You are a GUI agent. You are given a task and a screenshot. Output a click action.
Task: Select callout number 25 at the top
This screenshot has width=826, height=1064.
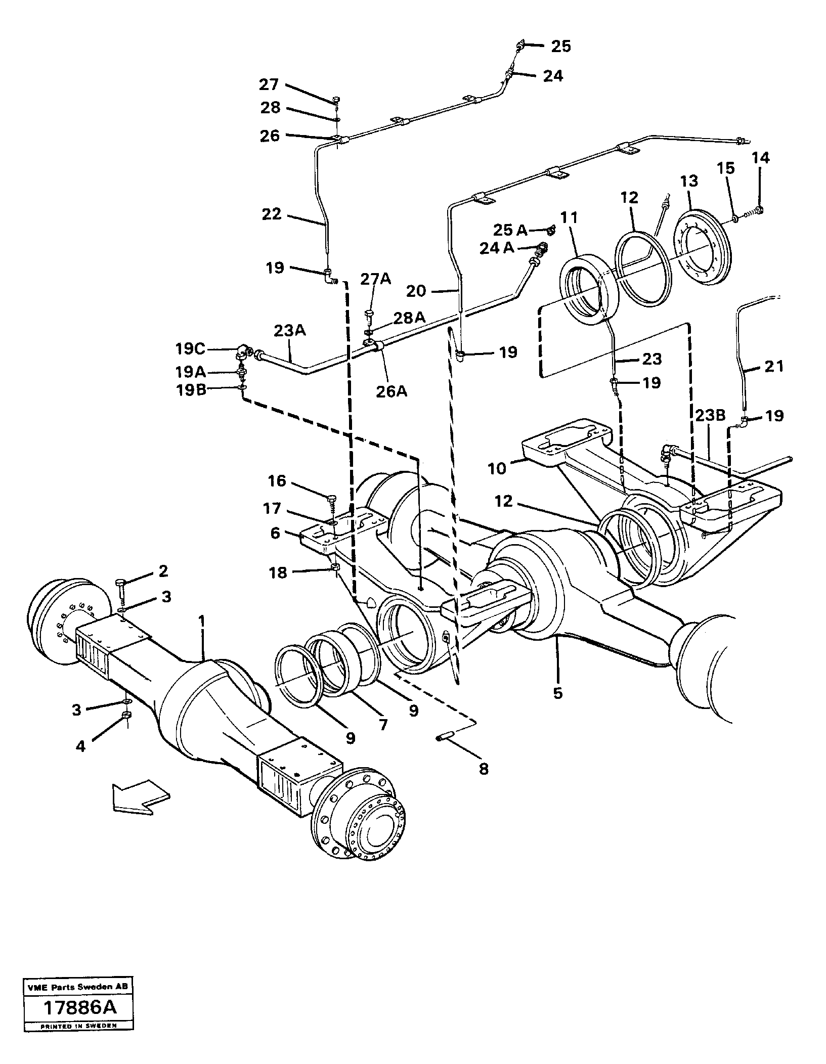(560, 47)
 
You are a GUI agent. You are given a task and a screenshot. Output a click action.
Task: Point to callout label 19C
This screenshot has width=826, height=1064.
(190, 348)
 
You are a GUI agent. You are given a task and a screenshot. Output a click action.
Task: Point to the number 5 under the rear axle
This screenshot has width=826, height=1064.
(558, 693)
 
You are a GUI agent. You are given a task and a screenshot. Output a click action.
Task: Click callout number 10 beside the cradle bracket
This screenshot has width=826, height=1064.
(497, 469)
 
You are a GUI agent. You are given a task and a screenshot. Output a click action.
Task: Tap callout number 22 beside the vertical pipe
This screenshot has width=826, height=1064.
(271, 214)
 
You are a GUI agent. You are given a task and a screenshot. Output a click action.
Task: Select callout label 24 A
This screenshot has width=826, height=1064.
(496, 248)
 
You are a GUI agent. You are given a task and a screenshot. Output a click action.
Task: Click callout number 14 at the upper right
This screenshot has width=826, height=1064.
(761, 158)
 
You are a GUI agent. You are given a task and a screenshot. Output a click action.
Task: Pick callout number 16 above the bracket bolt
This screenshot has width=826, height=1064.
(277, 481)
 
